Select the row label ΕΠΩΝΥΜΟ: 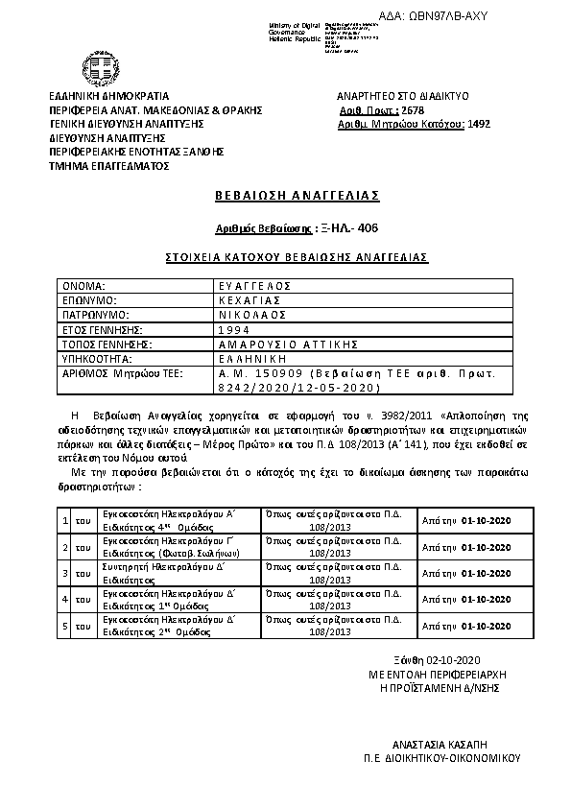point(90,300)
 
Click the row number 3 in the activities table point(64,574)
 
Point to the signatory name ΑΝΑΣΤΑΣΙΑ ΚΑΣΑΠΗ point(442,744)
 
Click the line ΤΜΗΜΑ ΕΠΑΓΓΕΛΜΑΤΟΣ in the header point(108,165)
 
